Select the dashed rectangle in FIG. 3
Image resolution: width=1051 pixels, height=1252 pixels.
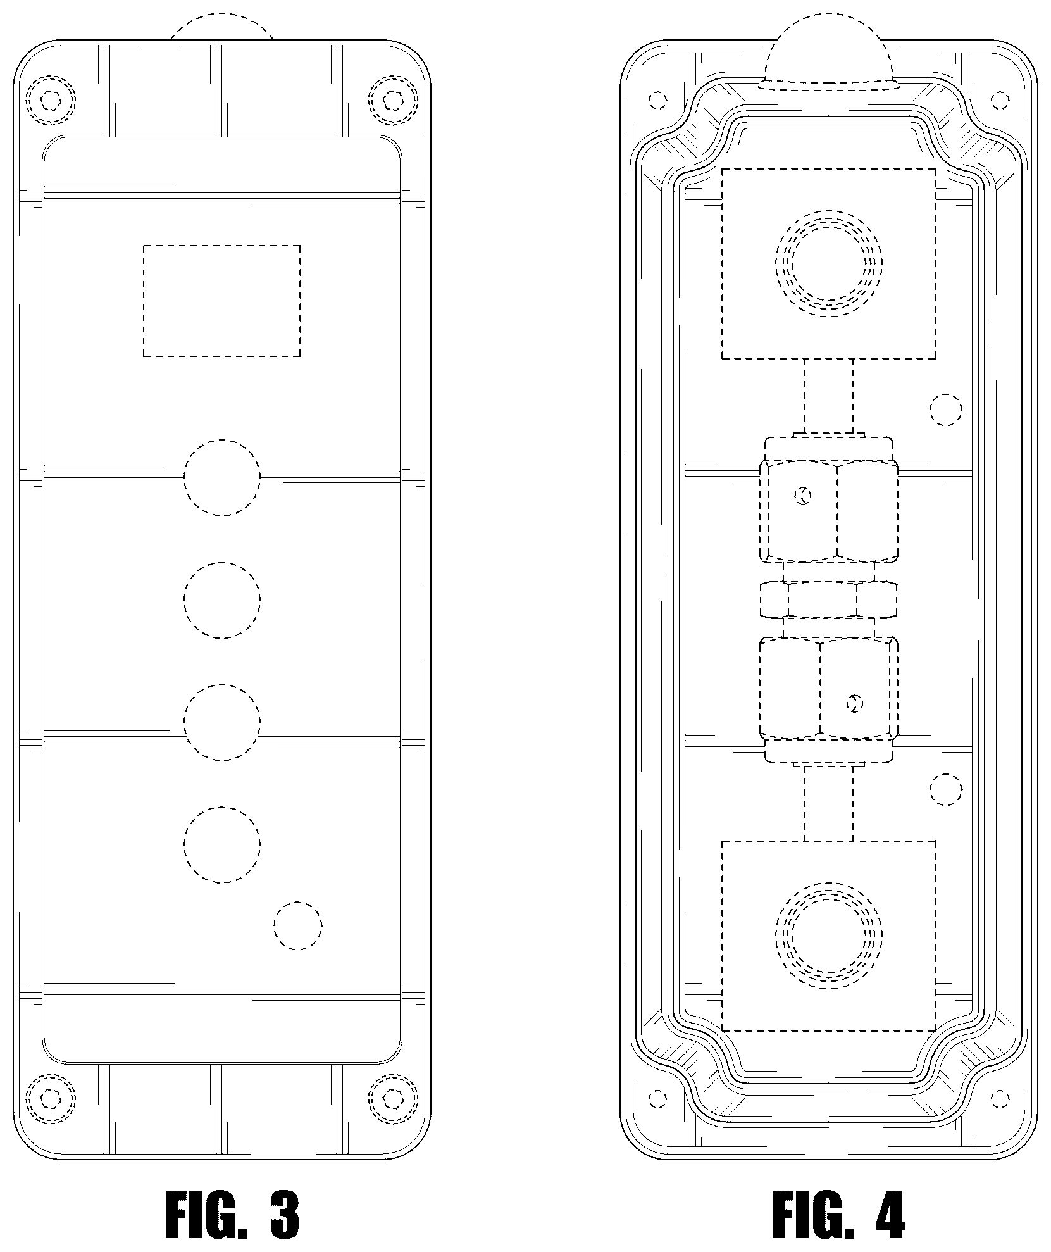click(x=222, y=301)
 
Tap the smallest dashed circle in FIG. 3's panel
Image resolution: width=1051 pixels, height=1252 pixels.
click(x=298, y=925)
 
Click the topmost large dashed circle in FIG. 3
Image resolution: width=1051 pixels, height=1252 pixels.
click(x=222, y=477)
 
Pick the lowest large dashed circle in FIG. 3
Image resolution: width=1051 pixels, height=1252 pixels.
click(x=222, y=844)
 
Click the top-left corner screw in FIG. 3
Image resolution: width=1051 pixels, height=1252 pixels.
click(x=51, y=99)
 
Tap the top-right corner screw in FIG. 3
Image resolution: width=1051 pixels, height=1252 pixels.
click(x=394, y=99)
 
